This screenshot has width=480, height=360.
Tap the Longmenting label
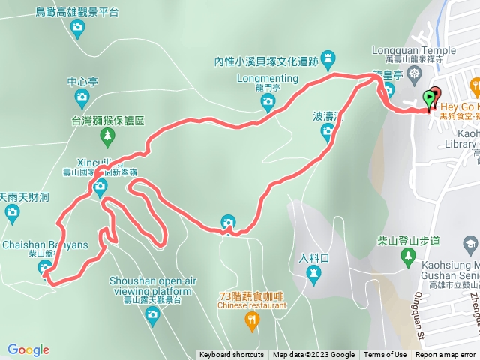click(x=267, y=78)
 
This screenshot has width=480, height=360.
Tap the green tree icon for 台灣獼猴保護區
click(x=107, y=136)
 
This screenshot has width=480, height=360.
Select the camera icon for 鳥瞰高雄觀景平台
click(x=77, y=28)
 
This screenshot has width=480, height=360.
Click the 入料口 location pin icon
click(x=314, y=279)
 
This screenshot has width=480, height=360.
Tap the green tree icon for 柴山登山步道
click(x=407, y=259)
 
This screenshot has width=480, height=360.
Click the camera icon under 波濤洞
click(x=328, y=133)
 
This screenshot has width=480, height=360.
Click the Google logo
click(x=28, y=349)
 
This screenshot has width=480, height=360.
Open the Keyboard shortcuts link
click(x=231, y=355)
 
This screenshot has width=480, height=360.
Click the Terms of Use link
click(x=385, y=355)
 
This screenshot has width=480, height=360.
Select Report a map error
click(x=445, y=355)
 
